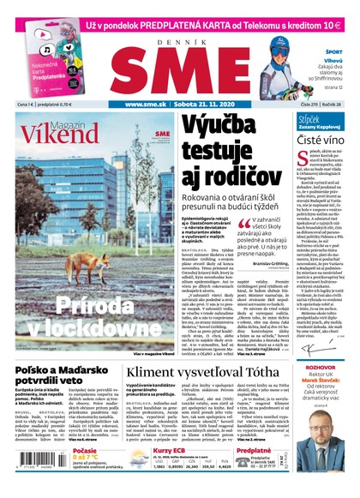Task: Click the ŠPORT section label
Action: (333, 51)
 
